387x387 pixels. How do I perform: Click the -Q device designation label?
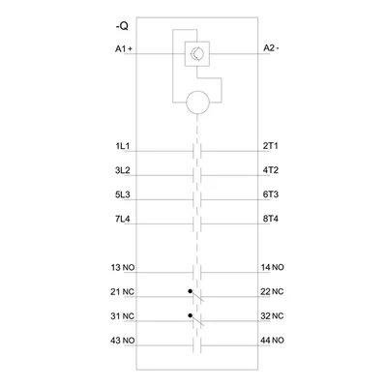click(122, 26)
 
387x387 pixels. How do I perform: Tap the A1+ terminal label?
click(124, 49)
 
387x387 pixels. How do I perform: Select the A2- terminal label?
click(271, 48)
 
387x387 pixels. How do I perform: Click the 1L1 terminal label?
click(123, 146)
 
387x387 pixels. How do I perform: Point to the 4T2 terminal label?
click(270, 170)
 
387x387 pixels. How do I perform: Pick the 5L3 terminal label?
click(123, 194)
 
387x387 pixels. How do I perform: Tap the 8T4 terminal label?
click(270, 219)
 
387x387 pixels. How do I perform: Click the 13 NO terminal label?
click(123, 267)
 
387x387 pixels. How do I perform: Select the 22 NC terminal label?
click(272, 291)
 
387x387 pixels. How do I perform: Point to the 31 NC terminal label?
click(122, 316)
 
